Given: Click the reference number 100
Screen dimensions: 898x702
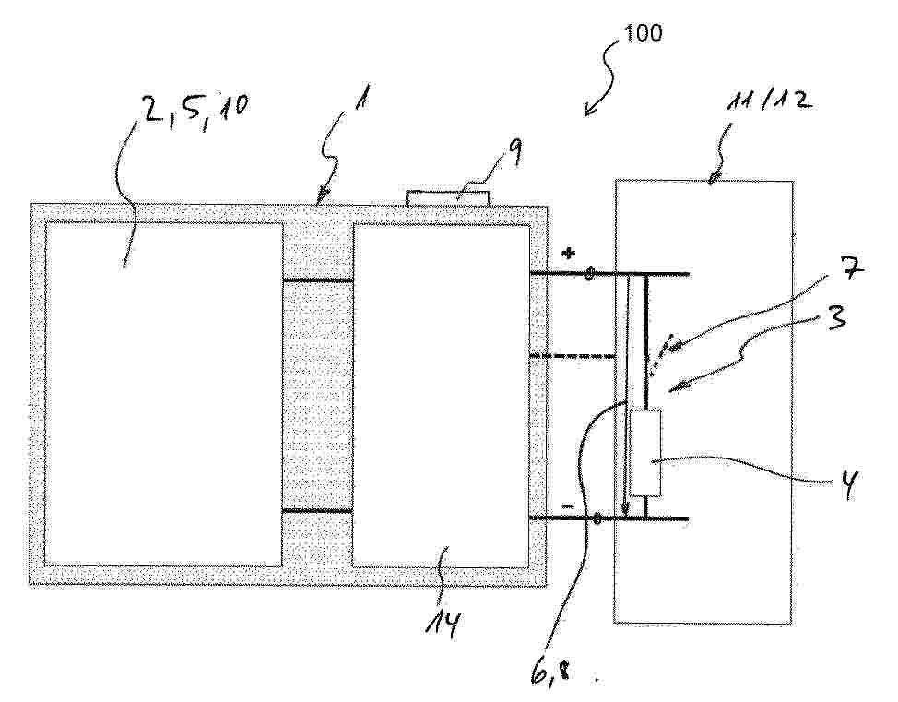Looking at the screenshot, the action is (643, 32).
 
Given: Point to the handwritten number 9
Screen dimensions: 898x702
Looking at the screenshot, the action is (514, 151).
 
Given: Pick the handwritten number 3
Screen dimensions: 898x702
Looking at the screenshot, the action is (837, 315).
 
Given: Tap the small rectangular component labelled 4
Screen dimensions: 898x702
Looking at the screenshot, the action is (645, 453).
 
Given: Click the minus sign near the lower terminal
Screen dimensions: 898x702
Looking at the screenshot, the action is (568, 506).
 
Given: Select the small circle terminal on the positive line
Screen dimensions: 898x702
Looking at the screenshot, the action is (589, 275).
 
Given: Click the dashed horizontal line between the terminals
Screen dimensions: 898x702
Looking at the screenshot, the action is (573, 356).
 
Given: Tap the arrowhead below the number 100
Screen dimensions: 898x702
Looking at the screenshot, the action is (588, 110).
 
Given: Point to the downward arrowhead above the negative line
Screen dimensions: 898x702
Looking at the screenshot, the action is (625, 509).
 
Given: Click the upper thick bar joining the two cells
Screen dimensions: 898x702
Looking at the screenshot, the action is (318, 280).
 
